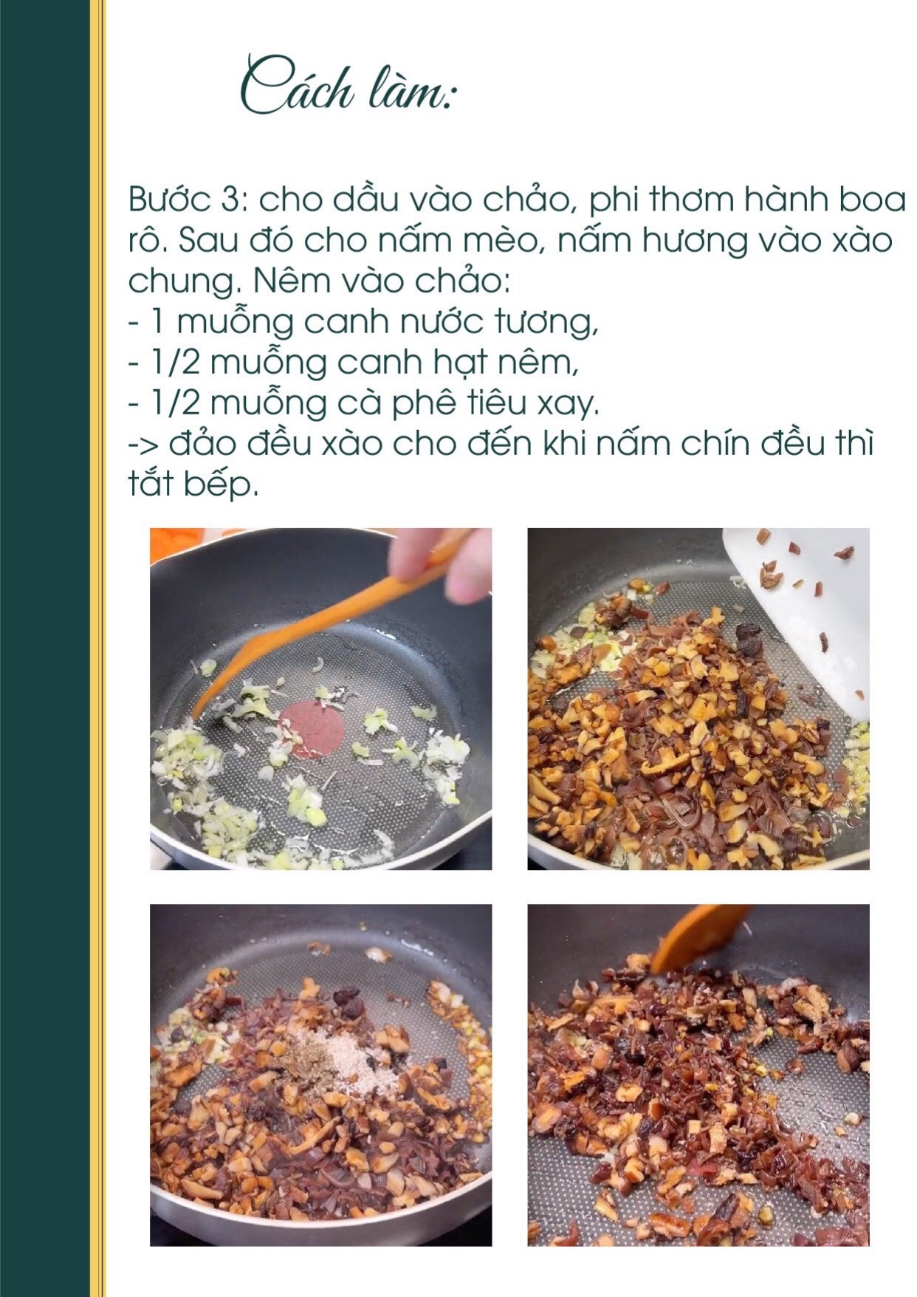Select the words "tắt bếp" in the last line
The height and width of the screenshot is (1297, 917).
[193, 485]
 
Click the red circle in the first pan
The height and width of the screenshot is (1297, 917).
[312, 729]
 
